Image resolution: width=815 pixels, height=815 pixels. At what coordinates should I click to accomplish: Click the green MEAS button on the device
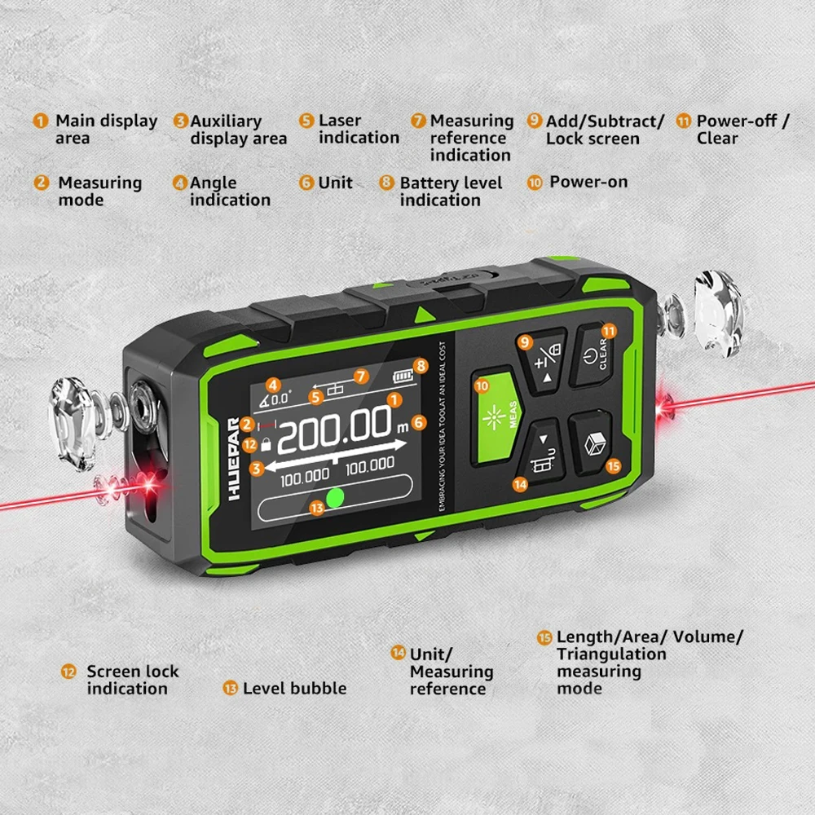494,416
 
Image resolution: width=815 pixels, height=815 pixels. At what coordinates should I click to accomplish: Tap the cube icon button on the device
593,443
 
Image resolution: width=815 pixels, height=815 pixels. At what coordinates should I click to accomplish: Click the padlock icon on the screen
266,445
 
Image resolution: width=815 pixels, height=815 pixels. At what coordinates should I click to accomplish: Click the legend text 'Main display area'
106,129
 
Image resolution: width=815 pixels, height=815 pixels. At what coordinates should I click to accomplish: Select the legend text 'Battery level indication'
450,192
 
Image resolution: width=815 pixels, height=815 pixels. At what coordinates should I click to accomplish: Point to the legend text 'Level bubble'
294,689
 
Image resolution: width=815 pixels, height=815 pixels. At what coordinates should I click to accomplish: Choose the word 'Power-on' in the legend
588,182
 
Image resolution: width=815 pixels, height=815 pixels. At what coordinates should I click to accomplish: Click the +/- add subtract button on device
543,361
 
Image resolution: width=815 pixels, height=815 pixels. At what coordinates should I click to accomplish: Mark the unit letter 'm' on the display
401,427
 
